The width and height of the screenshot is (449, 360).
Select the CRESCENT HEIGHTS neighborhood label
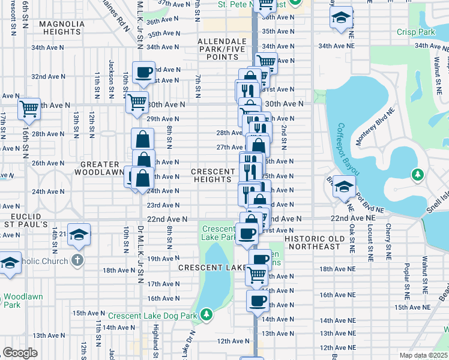point(213,176)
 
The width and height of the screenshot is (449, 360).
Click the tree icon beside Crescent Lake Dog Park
point(206,314)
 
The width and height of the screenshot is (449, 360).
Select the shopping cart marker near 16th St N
point(29,109)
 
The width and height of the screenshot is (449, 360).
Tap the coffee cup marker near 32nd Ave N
point(144,73)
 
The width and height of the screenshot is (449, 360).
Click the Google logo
point(20,353)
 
